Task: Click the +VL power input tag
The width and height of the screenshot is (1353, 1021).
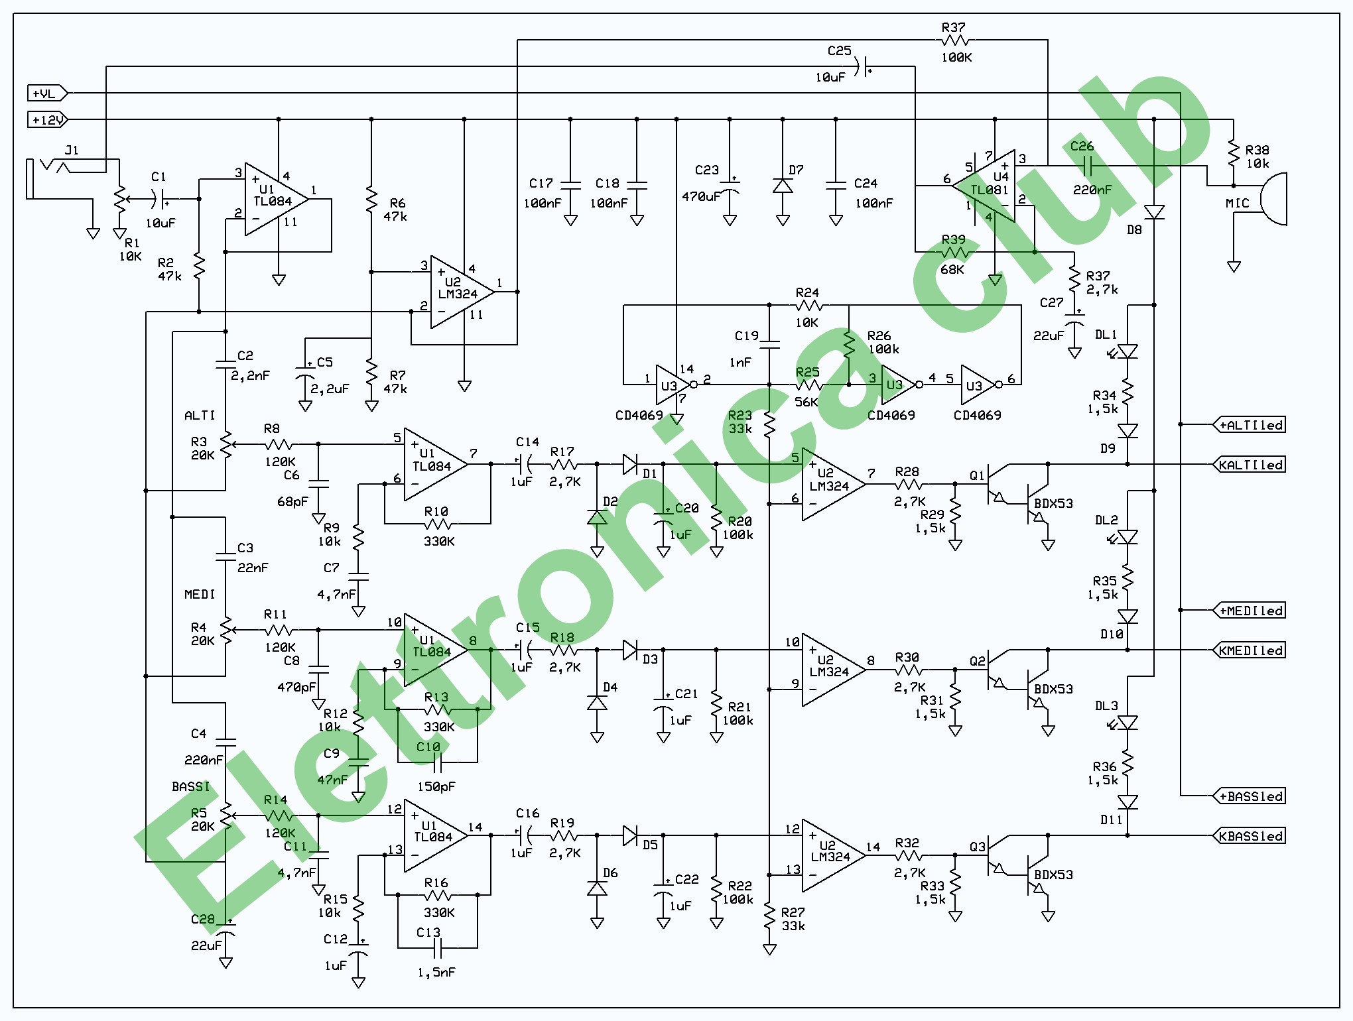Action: click(x=45, y=93)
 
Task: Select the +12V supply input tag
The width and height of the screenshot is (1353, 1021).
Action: click(x=46, y=120)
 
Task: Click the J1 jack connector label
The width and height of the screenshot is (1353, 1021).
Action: click(x=72, y=150)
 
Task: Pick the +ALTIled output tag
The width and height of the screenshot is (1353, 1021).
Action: click(x=1250, y=425)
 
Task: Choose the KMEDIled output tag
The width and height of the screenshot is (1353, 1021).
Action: click(x=1250, y=650)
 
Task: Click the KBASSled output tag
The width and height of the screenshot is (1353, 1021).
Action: click(x=1250, y=836)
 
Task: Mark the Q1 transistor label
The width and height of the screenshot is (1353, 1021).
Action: click(x=977, y=475)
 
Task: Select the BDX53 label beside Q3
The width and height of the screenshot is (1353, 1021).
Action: click(x=1053, y=874)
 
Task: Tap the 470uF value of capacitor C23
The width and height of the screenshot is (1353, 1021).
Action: click(x=700, y=196)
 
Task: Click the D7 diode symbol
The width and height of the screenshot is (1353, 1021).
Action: click(x=783, y=186)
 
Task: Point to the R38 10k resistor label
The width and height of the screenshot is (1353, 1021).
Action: click(x=1257, y=157)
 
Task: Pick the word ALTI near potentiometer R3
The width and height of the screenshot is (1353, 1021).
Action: click(x=200, y=416)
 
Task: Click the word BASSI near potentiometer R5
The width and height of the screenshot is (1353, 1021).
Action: click(x=190, y=787)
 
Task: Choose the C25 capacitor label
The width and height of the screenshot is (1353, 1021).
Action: click(x=839, y=51)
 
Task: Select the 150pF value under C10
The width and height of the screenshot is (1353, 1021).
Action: click(x=436, y=787)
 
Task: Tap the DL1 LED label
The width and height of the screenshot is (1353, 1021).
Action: click(x=1106, y=335)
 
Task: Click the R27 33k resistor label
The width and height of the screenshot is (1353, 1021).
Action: click(x=793, y=919)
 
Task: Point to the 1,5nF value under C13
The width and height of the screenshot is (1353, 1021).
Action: click(x=436, y=973)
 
